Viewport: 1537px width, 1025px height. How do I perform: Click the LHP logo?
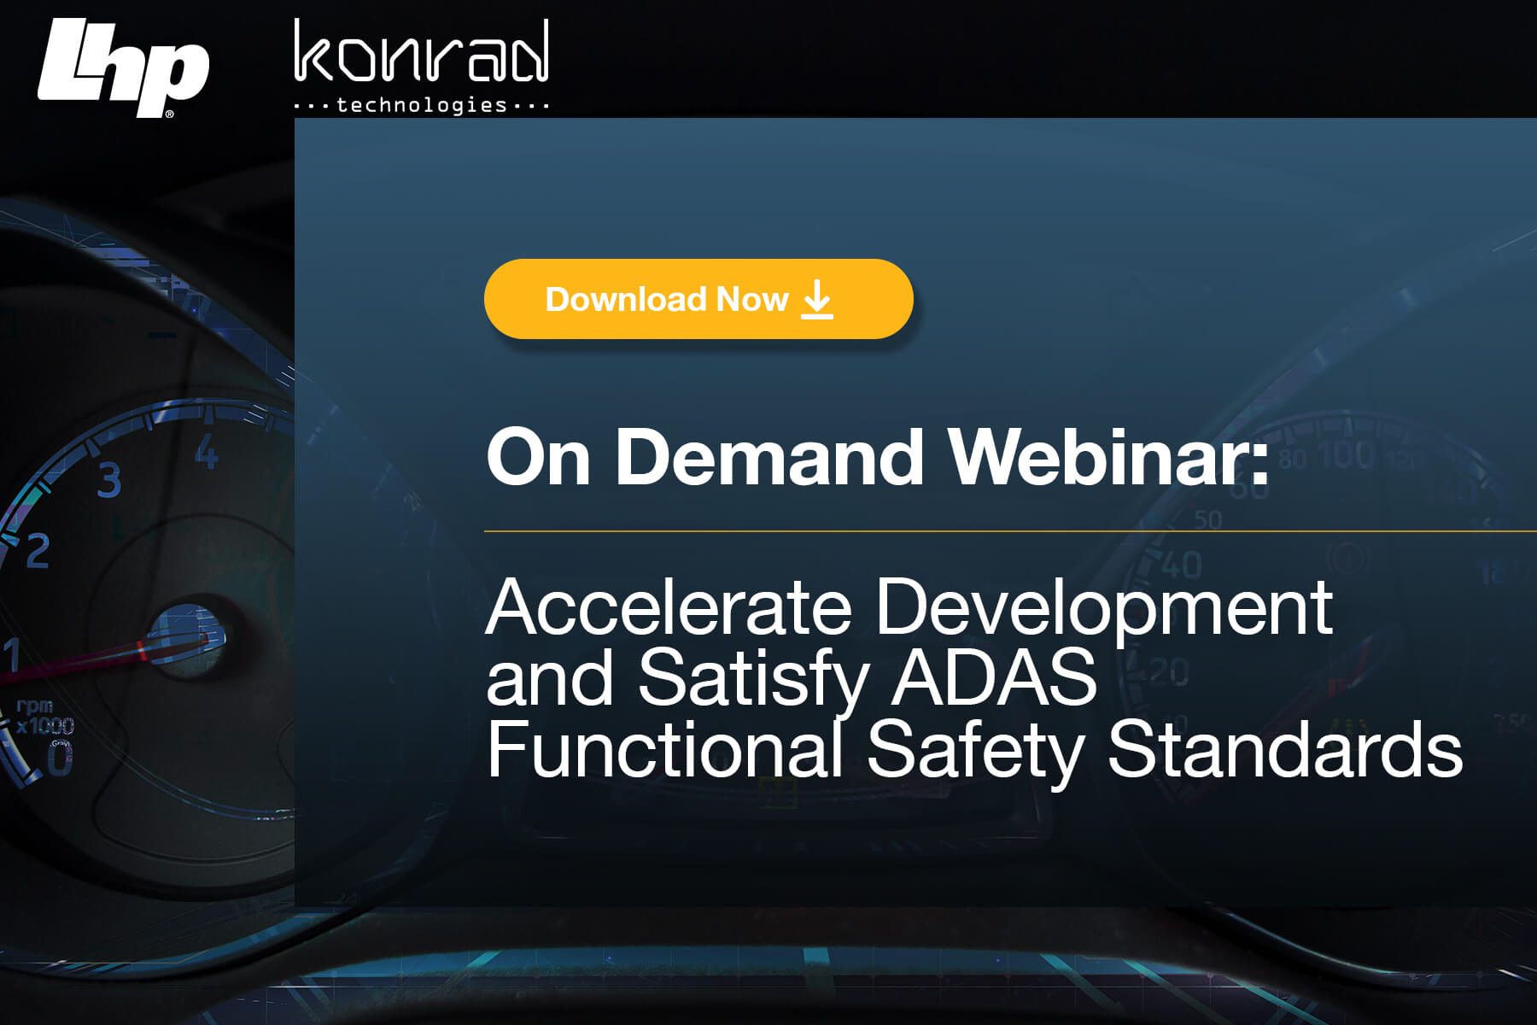123,67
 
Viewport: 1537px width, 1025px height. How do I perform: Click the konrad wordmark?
421,53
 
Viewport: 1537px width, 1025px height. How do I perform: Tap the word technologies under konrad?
422,105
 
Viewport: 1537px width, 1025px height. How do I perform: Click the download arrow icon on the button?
817,300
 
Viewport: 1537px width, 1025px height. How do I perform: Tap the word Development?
1103,609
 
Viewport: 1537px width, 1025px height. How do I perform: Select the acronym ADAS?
993,677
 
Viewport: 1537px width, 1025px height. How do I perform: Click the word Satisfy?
753,679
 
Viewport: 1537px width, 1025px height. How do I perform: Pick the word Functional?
665,749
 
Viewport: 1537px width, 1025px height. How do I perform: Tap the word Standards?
1285,749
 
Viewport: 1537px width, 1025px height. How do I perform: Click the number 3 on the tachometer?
109,480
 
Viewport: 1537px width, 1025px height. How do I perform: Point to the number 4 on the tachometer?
207,452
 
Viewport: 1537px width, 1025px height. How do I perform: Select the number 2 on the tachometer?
38,551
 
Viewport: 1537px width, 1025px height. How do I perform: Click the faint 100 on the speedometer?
1347,454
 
